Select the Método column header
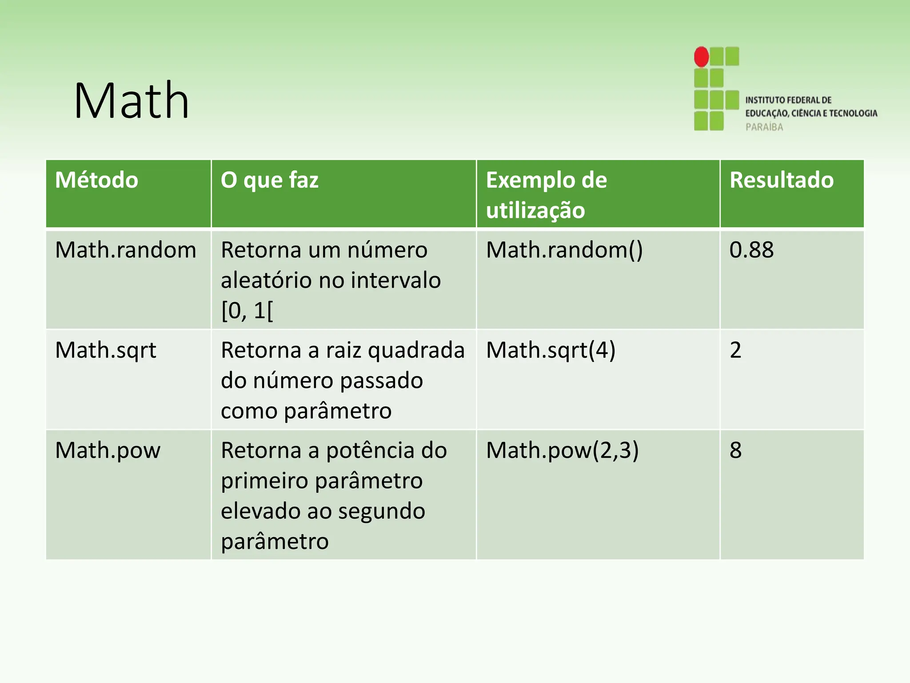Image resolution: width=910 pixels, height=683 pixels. (x=96, y=180)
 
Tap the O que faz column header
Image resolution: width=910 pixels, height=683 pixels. (x=270, y=180)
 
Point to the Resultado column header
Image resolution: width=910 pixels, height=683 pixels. (x=782, y=180)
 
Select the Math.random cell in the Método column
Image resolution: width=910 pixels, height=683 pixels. (x=126, y=250)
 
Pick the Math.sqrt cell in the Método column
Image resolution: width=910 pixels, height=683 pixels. (x=106, y=350)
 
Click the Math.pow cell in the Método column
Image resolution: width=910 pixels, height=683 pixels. (x=108, y=450)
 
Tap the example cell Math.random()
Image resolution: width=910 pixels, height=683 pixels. (x=564, y=250)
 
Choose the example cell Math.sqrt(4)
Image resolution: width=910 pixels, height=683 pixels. (x=551, y=350)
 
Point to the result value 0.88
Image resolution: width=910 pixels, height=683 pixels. (x=751, y=250)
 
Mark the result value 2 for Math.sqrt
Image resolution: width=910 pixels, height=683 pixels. (x=735, y=350)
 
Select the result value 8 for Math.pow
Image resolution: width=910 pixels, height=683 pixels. (x=735, y=450)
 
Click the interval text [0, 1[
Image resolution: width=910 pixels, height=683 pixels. (x=247, y=310)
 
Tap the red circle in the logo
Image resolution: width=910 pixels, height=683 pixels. (x=702, y=57)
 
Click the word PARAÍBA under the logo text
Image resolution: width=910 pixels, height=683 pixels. (x=764, y=127)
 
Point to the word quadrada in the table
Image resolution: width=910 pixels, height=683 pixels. (x=416, y=350)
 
